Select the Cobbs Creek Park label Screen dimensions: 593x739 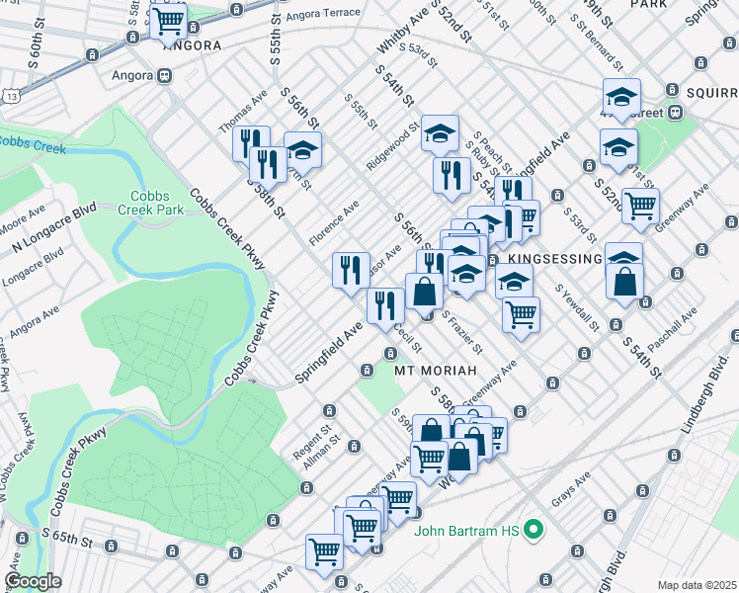point(152,204)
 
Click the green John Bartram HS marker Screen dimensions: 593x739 point(534,531)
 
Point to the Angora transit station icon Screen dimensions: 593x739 point(164,75)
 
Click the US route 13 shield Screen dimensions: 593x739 point(9,97)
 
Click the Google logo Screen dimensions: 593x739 point(33,580)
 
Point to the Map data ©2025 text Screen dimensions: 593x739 point(697,585)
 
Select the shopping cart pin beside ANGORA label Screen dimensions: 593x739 point(169,19)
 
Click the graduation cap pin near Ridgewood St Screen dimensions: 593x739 point(440,132)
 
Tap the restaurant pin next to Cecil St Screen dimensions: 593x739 point(384,304)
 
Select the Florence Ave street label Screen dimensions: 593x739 point(333,226)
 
